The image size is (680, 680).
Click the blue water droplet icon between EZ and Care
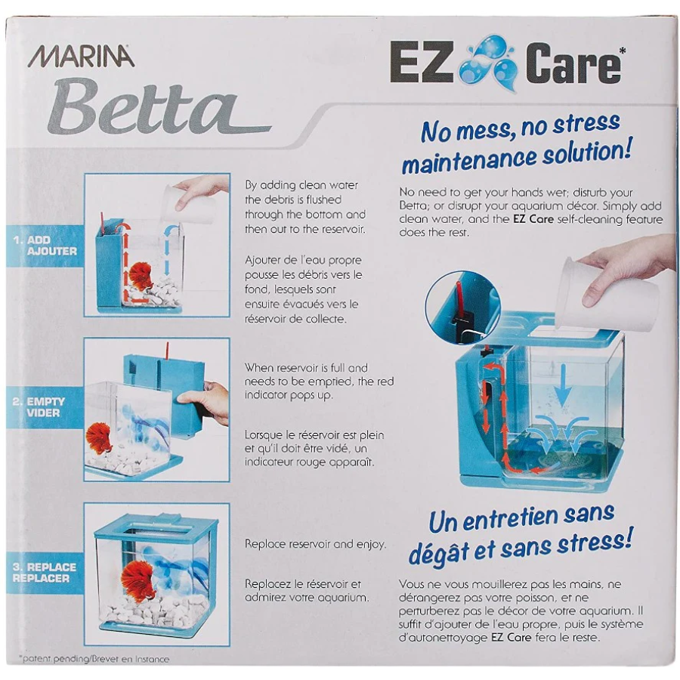pos(488,63)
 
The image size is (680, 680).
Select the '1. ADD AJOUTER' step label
pos(45,246)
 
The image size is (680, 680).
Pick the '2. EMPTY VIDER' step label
pos(39,407)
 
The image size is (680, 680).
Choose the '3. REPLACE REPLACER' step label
pos(45,573)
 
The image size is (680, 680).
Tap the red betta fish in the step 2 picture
pos(99,438)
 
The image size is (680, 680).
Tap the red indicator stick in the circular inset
pos(459,299)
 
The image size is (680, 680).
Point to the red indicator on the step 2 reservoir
pos(166,351)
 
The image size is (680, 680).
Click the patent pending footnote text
pos(94,660)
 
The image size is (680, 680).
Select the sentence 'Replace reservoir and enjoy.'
pos(315,544)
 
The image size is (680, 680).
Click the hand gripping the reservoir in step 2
pos(205,401)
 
